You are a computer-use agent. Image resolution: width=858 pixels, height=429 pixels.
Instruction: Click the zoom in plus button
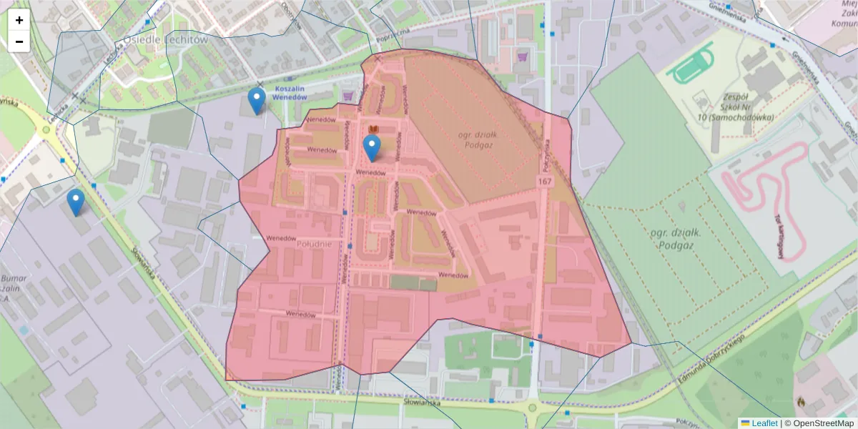click(x=19, y=20)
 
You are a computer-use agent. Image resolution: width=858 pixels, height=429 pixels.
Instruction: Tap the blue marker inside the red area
click(x=371, y=147)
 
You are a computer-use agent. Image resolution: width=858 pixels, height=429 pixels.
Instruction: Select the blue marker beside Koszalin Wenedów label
click(x=256, y=101)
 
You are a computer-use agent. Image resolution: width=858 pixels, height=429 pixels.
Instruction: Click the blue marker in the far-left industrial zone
click(x=75, y=202)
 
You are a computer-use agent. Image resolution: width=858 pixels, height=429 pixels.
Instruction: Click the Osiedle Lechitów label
click(x=165, y=40)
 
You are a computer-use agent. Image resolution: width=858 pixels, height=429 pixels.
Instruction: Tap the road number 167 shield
click(x=546, y=182)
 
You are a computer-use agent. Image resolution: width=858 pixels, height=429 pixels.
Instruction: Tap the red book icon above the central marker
click(x=372, y=129)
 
